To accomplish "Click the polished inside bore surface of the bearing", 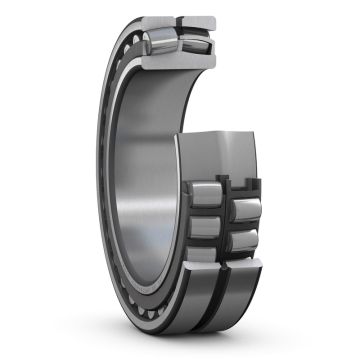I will tap(150, 200).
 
